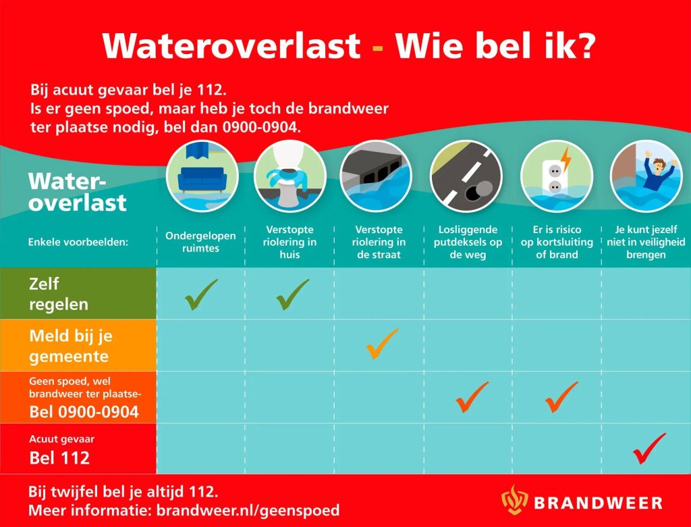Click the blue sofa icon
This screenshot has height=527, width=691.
[x=202, y=176]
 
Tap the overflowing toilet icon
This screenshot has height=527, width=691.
[x=289, y=176]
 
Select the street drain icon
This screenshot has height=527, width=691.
[x=377, y=176]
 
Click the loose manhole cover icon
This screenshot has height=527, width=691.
[x=466, y=176]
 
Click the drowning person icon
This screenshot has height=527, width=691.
[x=646, y=176]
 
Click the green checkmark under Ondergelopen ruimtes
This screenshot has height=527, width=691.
[x=201, y=295]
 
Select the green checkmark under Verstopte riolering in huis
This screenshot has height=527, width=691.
[x=292, y=295]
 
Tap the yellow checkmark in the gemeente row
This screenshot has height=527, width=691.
[x=381, y=344]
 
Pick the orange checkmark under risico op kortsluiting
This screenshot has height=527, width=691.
[x=561, y=397]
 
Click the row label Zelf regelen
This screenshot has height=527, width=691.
[x=58, y=295]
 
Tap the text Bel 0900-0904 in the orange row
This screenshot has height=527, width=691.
[x=84, y=411]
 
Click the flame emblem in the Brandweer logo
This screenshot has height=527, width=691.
[x=514, y=499]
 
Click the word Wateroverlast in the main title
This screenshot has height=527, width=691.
[x=231, y=45]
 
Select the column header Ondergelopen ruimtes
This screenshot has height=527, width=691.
[x=200, y=242]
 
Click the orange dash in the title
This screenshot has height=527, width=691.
[x=377, y=47]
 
